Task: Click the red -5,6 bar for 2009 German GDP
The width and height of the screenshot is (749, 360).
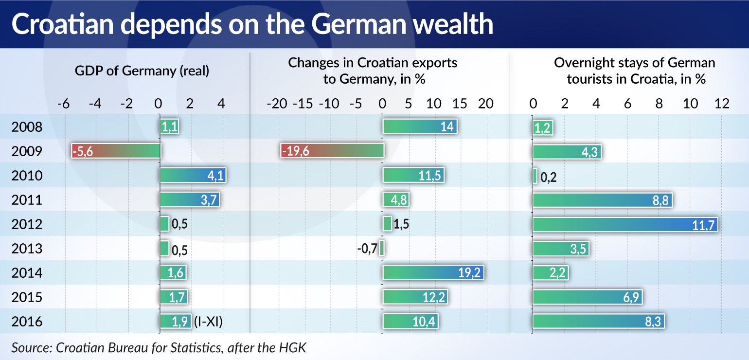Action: pos(115,151)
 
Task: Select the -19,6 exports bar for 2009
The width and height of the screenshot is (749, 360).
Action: pos(332,151)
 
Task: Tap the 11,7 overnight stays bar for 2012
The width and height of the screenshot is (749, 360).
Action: pos(625,224)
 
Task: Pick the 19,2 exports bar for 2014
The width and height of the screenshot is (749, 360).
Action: pos(434,273)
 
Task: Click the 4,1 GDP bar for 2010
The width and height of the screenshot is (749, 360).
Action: pos(193,176)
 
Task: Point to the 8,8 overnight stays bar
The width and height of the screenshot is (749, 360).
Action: pos(602,200)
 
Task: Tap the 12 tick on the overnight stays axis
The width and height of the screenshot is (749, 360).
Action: pos(722,104)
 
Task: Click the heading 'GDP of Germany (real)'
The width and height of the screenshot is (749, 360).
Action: pos(142,71)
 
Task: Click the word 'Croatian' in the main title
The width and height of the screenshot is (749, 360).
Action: pos(62,25)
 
